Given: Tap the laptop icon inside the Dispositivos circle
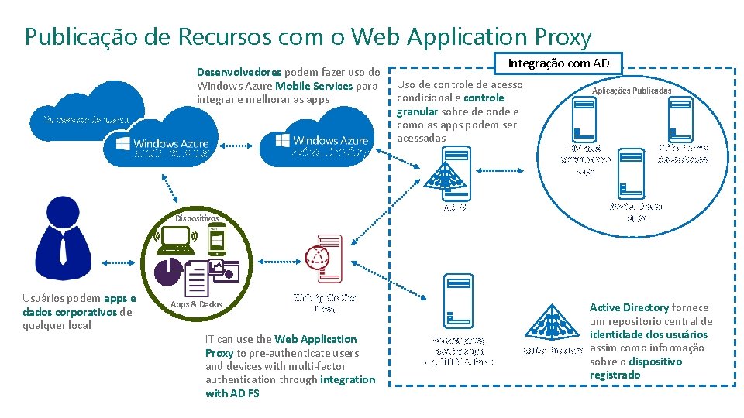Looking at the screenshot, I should tap(176, 242).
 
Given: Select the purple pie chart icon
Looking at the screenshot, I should tap(168, 272).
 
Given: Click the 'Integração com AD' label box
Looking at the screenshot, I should tap(558, 63).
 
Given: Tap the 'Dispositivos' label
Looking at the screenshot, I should tap(197, 218).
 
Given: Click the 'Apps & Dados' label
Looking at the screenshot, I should tap(195, 304).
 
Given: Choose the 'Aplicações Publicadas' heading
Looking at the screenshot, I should tap(632, 91).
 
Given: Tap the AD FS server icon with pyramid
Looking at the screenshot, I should tap(449, 176).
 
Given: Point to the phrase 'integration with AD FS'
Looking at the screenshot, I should tap(291, 386).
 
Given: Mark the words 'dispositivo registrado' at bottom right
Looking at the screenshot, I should tap(635, 368).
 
